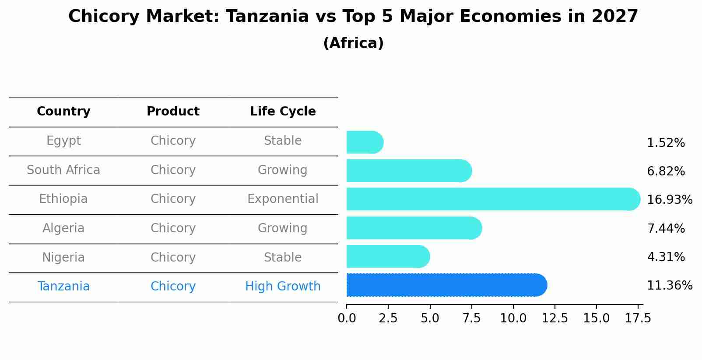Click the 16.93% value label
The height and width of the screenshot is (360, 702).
669,200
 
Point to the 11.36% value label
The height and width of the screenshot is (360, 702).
669,286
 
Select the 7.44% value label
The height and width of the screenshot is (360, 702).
666,228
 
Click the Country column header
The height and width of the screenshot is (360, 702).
63,112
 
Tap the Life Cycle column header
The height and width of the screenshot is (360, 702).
283,112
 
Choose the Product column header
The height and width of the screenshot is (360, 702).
173,112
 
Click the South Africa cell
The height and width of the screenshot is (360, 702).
63,170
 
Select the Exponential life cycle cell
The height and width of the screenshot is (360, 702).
283,199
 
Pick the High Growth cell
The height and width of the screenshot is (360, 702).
283,287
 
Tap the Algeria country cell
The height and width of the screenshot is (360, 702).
63,228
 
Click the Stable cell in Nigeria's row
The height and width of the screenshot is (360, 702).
283,258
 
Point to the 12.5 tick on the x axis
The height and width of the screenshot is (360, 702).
555,318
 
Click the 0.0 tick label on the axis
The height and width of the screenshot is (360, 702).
347,318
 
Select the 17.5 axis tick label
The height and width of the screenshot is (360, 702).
638,318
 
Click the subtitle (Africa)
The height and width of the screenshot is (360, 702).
353,43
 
